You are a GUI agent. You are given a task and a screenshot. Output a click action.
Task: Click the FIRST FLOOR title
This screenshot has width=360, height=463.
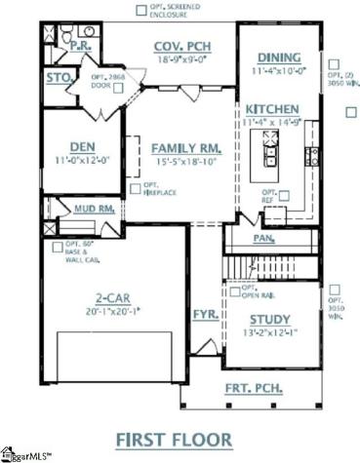click(x=180, y=440)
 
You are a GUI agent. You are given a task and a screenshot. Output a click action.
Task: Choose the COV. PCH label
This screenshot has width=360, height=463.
click(x=183, y=46)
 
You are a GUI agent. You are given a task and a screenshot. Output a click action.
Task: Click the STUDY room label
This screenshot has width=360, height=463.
click(x=270, y=319)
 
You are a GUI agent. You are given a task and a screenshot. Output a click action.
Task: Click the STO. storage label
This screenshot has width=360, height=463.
click(x=57, y=76)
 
